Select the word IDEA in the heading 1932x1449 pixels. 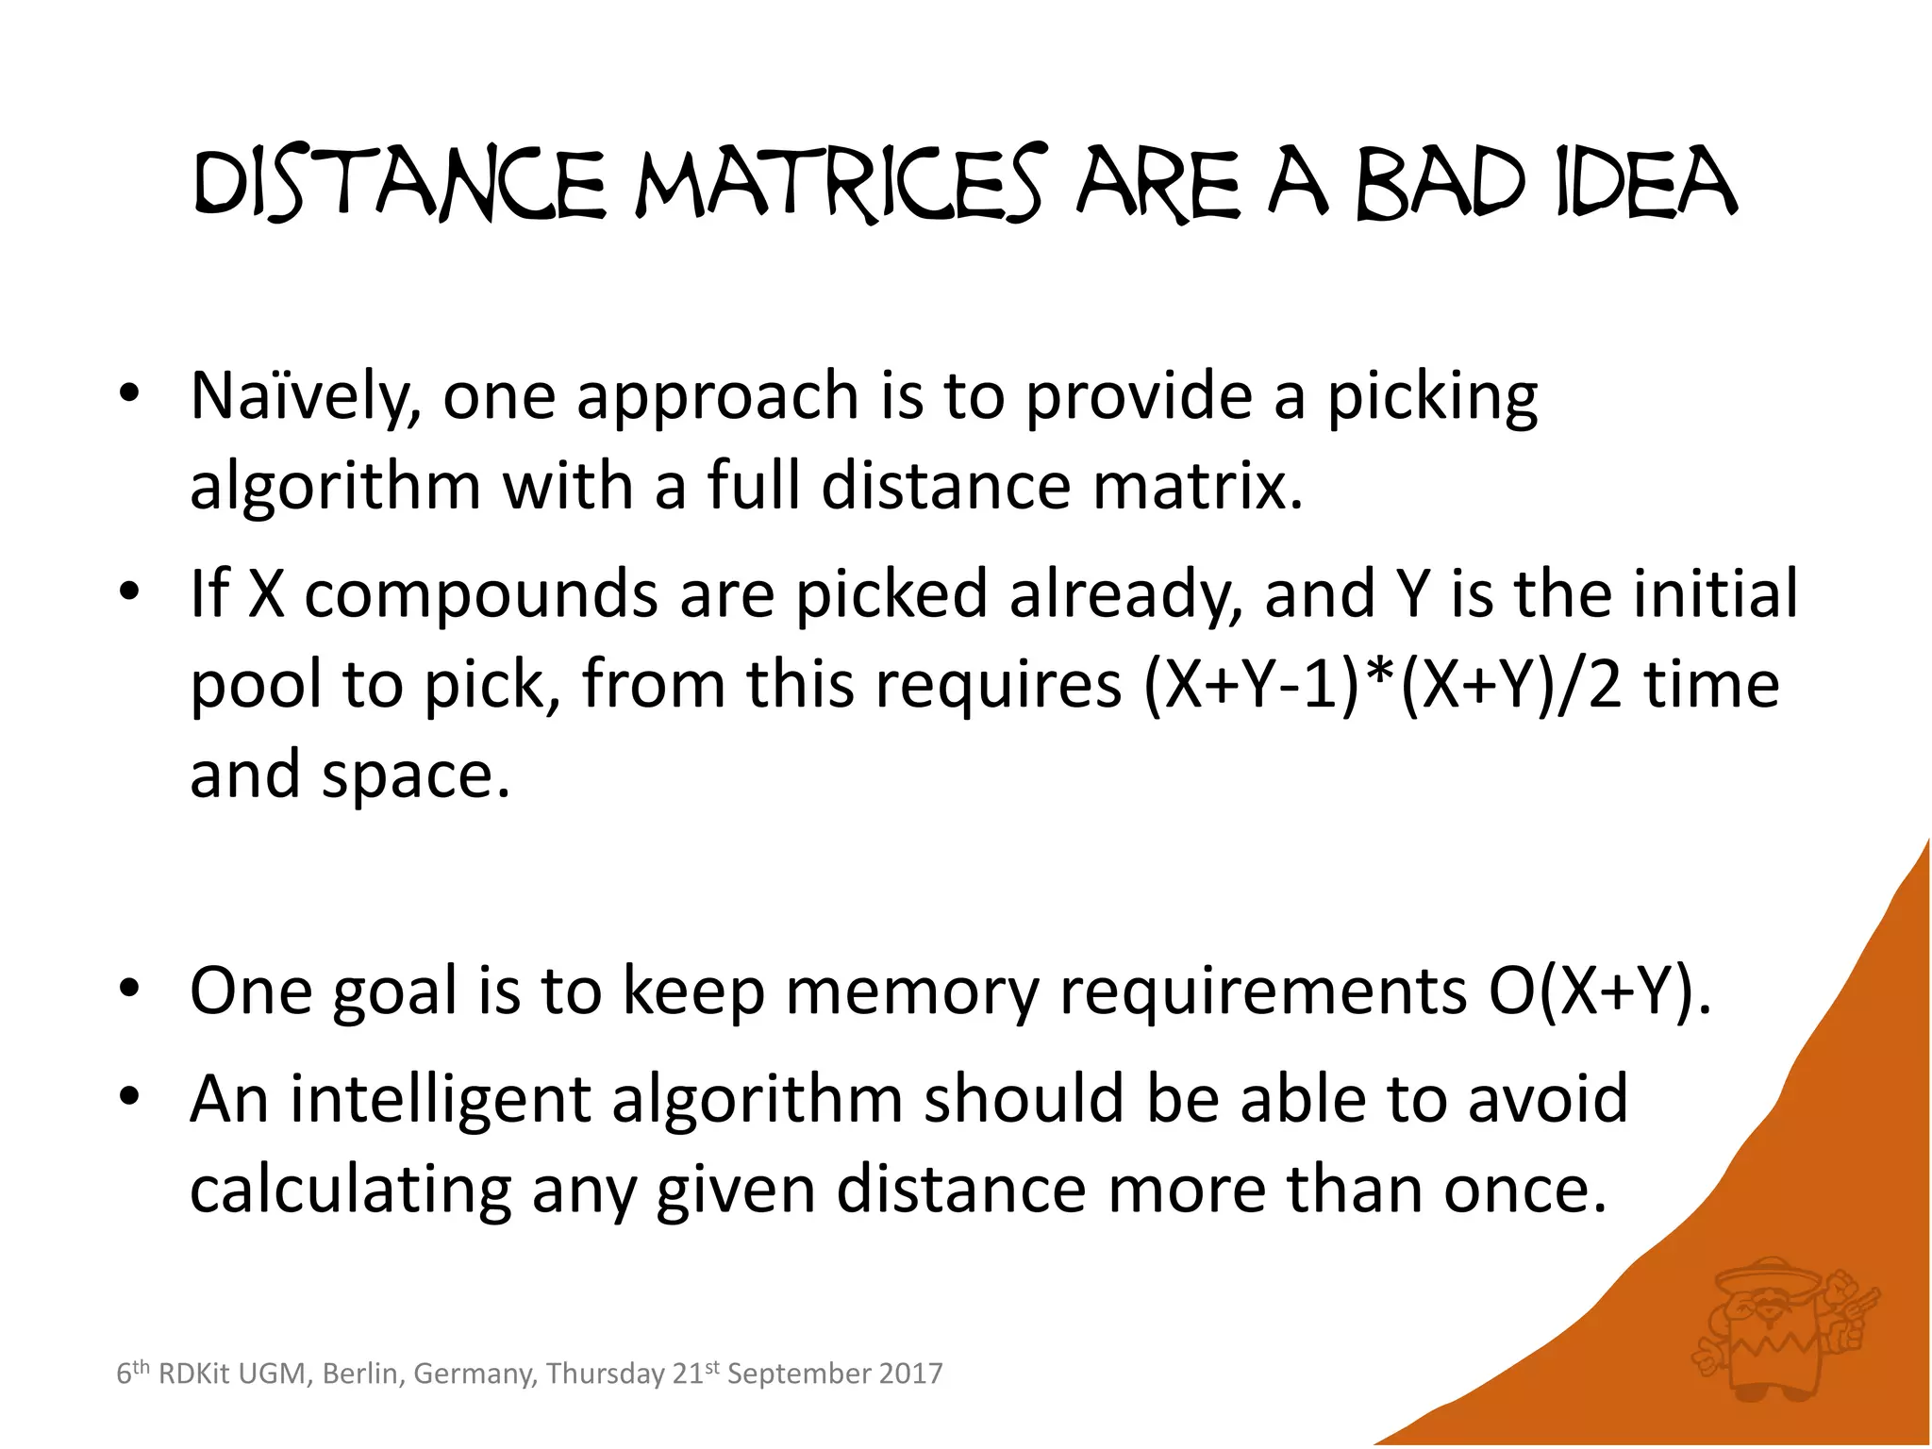[1646, 183]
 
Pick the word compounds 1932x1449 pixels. [480, 594]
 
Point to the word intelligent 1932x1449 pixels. [440, 1100]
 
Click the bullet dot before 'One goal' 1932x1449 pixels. [129, 988]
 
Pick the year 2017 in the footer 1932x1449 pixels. [910, 1374]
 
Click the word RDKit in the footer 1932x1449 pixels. [193, 1374]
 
